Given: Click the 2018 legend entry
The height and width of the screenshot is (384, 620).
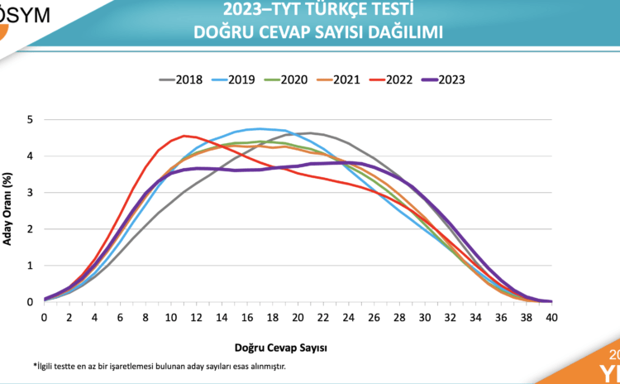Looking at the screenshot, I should (x=184, y=79).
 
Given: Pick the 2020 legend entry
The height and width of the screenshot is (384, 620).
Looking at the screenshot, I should (x=293, y=79).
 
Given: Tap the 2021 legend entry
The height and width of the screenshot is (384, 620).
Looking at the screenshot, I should (x=346, y=79).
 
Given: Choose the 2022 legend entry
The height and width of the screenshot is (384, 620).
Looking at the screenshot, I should (x=400, y=79).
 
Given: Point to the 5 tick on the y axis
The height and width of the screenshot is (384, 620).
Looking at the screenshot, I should (x=31, y=119).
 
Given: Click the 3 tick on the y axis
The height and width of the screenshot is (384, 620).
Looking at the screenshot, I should (x=31, y=193).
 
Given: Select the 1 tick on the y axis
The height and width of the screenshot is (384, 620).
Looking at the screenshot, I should (x=31, y=266).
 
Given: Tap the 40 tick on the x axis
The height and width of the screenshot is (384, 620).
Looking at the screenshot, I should (x=551, y=317).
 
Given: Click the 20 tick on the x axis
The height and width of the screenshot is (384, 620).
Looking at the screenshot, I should (x=298, y=317).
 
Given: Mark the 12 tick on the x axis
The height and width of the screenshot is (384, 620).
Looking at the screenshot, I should (x=196, y=317).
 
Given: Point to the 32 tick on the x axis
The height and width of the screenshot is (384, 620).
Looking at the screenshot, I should (x=450, y=317).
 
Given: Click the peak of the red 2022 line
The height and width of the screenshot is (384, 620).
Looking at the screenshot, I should (x=184, y=136).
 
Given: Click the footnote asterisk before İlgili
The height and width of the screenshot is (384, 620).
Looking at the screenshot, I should (x=35, y=366).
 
